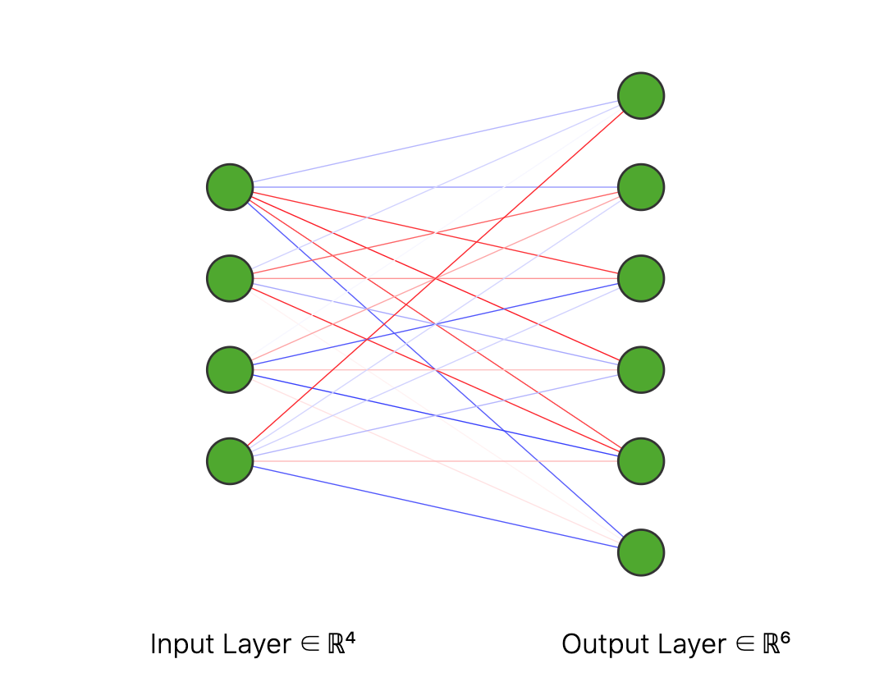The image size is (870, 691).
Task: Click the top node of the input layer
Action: point(230,187)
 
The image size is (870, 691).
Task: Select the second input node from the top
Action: point(230,278)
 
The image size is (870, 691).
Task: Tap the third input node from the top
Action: point(230,369)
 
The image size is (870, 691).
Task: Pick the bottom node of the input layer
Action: point(230,461)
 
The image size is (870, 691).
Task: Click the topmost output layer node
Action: point(640,96)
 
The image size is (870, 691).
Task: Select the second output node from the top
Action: point(640,187)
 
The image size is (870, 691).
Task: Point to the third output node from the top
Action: point(640,278)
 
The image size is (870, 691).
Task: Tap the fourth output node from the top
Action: point(640,369)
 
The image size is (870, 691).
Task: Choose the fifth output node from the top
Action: point(640,461)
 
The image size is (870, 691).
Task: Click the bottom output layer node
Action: point(640,552)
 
